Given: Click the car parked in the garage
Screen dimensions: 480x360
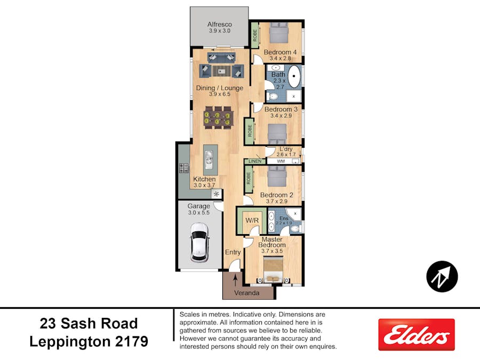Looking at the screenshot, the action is click(x=199, y=243).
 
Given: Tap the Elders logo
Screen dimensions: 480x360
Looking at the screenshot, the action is click(x=417, y=334).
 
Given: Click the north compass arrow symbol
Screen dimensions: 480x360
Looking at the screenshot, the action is click(x=442, y=276).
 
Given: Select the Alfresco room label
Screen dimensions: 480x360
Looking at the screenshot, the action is click(x=220, y=24).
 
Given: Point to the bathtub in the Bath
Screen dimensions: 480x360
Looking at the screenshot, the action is click(x=294, y=76).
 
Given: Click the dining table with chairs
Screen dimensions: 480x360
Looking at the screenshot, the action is click(x=217, y=117).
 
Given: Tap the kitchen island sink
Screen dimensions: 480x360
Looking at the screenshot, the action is click(x=210, y=160).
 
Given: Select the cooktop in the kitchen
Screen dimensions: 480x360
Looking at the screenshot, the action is click(x=183, y=168).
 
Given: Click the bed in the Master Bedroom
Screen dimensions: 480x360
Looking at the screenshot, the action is click(x=274, y=269).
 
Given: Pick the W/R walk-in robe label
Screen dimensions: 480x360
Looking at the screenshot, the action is click(x=252, y=220).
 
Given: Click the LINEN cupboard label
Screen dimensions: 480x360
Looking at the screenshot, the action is click(x=255, y=161).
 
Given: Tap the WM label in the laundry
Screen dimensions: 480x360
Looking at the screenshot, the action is click(x=281, y=161).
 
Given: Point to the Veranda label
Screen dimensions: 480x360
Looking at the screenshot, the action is click(x=247, y=293).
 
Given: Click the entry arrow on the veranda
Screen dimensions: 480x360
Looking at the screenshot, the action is click(x=235, y=280).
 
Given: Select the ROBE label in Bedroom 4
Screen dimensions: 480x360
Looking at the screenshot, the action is click(x=255, y=35).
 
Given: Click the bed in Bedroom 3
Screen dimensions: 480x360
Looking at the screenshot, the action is click(x=277, y=134).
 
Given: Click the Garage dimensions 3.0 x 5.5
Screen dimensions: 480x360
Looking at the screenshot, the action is click(x=199, y=212).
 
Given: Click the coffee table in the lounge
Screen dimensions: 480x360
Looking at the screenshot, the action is click(x=222, y=71).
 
